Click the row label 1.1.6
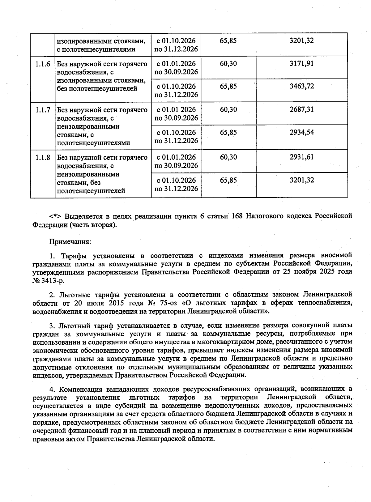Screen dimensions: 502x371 click(x=42, y=64)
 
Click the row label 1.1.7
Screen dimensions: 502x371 click(x=42, y=110)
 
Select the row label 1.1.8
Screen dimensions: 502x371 click(x=42, y=158)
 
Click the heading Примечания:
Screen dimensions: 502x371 click(x=70, y=241)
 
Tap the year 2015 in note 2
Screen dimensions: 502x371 click(x=124, y=303)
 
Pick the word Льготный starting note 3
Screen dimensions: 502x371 click(x=74, y=325)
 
